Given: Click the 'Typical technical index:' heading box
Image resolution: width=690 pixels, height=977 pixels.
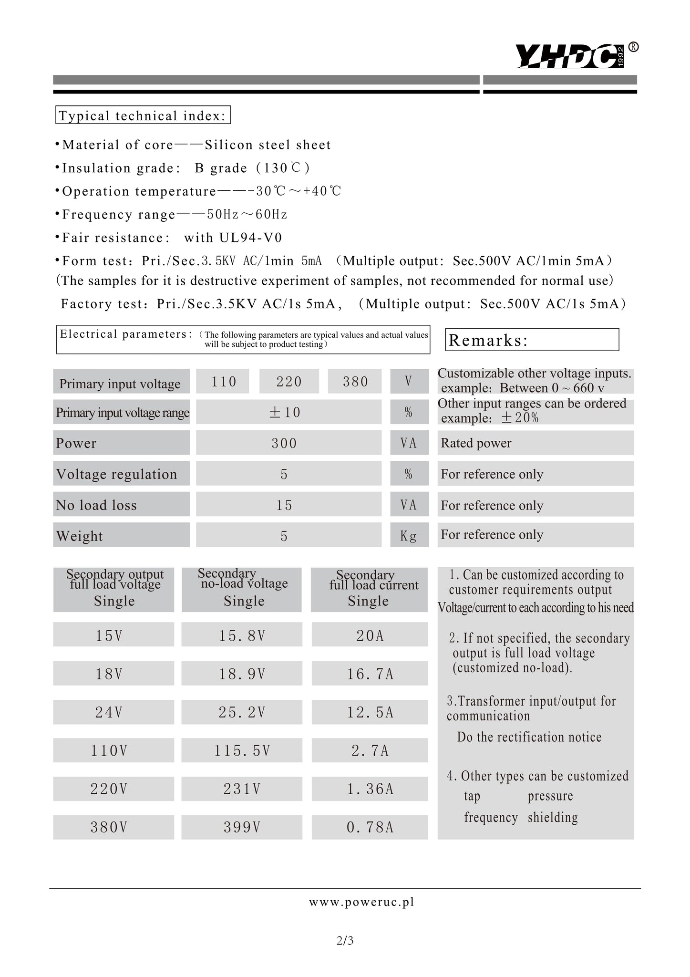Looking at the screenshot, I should (x=143, y=115).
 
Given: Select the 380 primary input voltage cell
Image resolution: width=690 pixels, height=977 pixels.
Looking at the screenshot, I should (x=355, y=381).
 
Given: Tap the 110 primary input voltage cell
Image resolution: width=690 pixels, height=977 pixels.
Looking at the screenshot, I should (x=223, y=381).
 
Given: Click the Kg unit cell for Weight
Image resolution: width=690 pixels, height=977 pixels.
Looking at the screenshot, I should (x=409, y=535).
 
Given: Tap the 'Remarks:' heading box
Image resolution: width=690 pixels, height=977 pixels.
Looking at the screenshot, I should (x=532, y=340).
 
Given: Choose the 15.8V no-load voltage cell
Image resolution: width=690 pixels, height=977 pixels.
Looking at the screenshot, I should (x=242, y=635).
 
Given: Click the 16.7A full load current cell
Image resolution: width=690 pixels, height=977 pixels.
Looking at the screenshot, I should (x=370, y=674).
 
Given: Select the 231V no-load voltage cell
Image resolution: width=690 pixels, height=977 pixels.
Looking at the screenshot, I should (x=242, y=789).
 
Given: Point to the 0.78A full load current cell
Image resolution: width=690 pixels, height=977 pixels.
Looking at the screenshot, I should (x=370, y=827).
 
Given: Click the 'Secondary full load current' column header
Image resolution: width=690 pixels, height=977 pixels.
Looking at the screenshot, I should (x=369, y=590).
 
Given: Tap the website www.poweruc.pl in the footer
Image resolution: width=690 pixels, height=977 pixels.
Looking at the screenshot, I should (x=361, y=902).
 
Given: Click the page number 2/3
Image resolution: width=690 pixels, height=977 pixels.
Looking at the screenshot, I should (x=345, y=940).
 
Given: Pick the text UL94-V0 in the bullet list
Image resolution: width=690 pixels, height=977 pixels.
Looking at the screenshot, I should (x=251, y=237).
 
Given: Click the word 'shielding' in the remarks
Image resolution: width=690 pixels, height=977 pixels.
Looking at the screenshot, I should (x=553, y=817).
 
